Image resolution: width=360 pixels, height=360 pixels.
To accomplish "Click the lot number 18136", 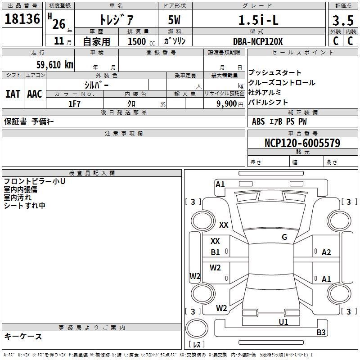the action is click(22, 19).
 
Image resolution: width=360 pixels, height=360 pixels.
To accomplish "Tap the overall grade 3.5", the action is click(343, 20).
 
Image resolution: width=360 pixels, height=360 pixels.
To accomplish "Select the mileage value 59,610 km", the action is click(55, 64).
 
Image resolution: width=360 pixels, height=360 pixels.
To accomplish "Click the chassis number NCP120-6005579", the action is click(302, 143).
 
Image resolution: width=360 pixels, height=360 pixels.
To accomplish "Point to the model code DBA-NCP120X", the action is click(258, 41).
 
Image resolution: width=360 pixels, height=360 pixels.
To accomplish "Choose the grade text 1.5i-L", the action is click(258, 20).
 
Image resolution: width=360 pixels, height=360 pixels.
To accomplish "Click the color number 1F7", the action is click(74, 104).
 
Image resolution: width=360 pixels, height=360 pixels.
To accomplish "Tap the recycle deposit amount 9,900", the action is click(227, 104).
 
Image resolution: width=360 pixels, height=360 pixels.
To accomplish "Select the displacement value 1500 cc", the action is click(141, 41).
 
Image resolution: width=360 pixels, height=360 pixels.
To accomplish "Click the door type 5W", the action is click(174, 20).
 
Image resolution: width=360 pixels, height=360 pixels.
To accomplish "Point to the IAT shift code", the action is click(13, 94).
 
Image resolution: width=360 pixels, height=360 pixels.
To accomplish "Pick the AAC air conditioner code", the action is click(35, 94).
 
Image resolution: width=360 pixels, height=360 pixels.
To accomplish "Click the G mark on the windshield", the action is click(284, 237).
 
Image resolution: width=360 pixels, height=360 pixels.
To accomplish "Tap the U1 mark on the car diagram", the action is click(283, 322).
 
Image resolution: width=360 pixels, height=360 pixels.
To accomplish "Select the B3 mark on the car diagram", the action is click(321, 332).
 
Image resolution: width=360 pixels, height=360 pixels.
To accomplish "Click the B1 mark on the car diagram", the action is click(215, 252).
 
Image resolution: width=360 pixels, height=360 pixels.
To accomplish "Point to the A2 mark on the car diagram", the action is click(326, 252).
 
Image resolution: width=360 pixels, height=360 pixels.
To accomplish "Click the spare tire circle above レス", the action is click(197, 328).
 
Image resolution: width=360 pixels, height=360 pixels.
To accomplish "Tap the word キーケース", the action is click(23, 336).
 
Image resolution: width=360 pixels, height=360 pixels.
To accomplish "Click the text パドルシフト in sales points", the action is click(268, 102).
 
